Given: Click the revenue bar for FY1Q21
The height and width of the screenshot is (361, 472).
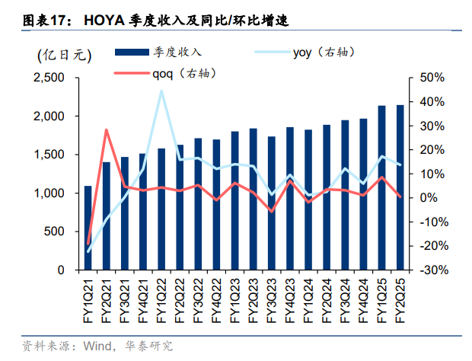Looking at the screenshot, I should pos(88,228).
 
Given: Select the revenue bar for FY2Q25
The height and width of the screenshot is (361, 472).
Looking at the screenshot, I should pos(400,187).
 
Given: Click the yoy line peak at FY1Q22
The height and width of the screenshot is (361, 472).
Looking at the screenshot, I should pos(161,91).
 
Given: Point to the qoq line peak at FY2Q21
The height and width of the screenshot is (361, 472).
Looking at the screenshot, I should pos(107,129).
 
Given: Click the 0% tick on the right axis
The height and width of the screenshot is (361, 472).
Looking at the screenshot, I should pos(428,198).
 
